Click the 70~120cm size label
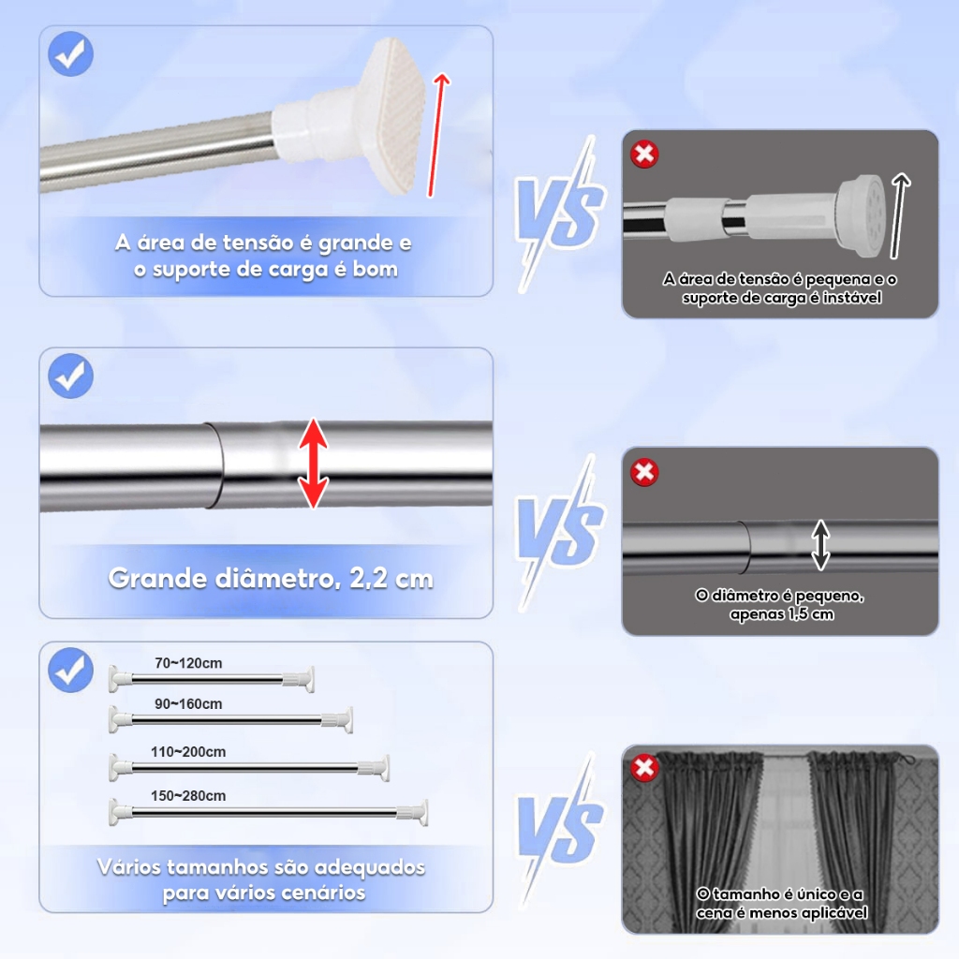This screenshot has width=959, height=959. (x=188, y=663)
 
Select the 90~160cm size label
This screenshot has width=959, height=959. (x=188, y=704)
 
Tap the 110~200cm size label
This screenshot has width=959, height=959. (x=188, y=752)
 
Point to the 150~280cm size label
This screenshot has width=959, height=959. (x=188, y=796)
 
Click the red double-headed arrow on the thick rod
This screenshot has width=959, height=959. (x=314, y=463)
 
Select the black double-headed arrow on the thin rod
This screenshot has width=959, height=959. (x=820, y=544)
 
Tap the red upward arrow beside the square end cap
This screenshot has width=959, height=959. (x=436, y=135)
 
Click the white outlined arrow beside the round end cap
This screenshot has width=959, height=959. (x=899, y=214)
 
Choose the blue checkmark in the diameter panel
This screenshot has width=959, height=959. (x=71, y=376)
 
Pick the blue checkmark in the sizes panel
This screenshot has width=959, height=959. (x=71, y=670)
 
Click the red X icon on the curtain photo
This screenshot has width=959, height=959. (x=644, y=767)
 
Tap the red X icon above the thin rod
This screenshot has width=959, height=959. (x=644, y=472)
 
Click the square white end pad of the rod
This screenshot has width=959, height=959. (x=394, y=115)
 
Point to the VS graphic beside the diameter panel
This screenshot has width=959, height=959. (x=560, y=532)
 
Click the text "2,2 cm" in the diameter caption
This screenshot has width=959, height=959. (x=391, y=579)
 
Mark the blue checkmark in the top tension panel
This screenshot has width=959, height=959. (x=71, y=53)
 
